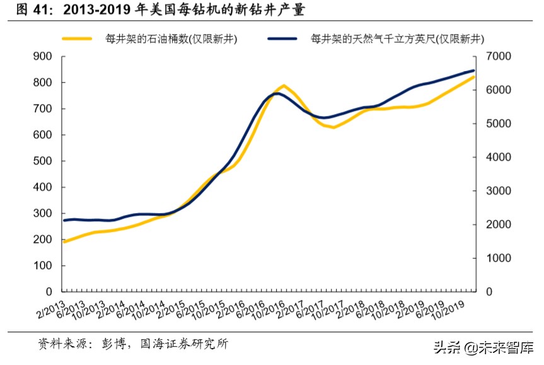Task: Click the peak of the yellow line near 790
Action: (x=284, y=85)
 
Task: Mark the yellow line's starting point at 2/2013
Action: (x=64, y=241)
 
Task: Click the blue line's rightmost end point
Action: (x=473, y=71)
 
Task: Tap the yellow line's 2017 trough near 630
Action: (x=333, y=127)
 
